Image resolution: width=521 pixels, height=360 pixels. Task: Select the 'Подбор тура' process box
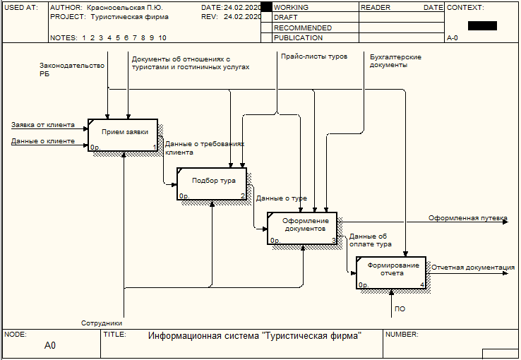212,184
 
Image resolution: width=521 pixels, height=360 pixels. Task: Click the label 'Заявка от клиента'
43,125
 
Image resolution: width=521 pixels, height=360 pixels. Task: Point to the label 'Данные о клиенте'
43,141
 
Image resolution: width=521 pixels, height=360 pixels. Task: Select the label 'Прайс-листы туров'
314,56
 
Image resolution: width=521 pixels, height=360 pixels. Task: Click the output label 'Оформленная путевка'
467,218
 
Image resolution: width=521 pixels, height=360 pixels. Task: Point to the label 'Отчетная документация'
472,268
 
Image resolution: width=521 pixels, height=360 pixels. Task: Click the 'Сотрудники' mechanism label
102,323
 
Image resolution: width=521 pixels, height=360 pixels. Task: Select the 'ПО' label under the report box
400,309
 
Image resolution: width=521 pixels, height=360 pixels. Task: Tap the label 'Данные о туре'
281,198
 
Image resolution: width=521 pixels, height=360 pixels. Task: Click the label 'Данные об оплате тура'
369,240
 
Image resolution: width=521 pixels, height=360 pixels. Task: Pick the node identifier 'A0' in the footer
49,346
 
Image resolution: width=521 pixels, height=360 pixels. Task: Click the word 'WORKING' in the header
291,7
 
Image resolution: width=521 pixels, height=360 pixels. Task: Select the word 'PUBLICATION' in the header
298,38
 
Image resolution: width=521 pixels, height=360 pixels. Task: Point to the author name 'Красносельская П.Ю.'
124,7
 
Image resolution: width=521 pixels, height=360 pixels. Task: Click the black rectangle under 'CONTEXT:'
482,25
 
